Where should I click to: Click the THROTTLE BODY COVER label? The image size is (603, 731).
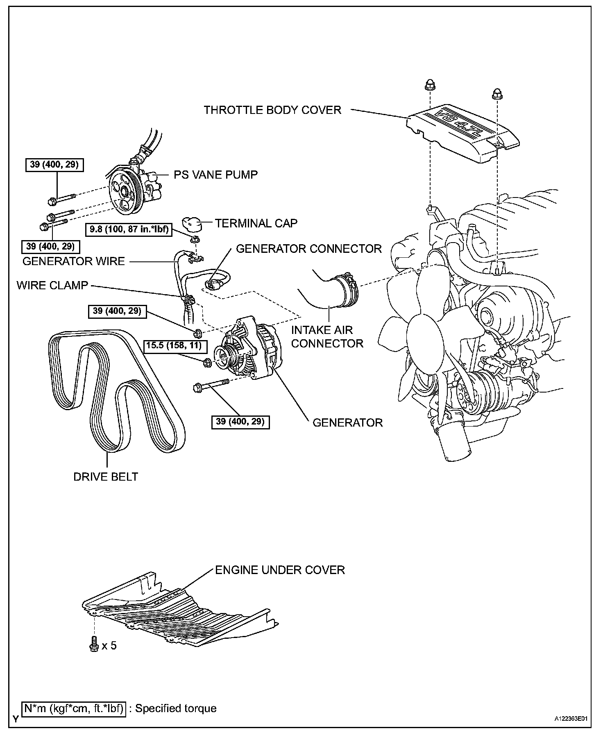(x=272, y=110)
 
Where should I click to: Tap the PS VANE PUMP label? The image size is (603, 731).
(x=215, y=175)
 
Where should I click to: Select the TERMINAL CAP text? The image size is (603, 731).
(x=256, y=223)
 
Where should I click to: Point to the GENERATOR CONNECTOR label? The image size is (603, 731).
(x=309, y=249)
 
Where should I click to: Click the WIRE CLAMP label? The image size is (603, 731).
(x=52, y=285)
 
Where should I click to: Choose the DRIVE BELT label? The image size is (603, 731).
(x=106, y=477)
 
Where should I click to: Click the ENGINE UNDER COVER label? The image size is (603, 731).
(x=280, y=570)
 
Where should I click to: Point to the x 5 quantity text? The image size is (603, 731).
(x=109, y=646)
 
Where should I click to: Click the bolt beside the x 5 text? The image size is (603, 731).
(x=94, y=645)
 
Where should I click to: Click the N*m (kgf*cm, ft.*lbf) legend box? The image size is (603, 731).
(x=74, y=708)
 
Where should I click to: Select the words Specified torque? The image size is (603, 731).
(x=176, y=708)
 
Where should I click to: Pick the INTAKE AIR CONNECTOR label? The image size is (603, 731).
(x=327, y=337)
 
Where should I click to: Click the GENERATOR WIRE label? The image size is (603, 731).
(x=73, y=261)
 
